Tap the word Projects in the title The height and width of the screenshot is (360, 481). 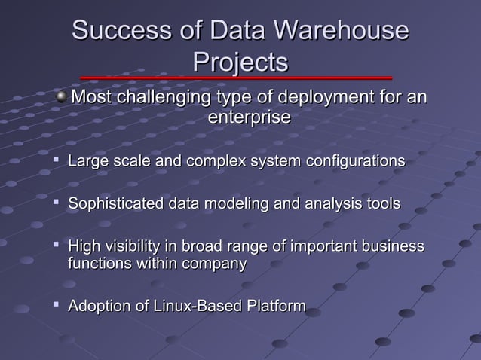(240, 62)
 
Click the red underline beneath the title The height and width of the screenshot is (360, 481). (236, 78)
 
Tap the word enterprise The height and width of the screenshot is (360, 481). (249, 118)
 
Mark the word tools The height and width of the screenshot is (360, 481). (383, 204)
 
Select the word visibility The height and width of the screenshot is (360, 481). (130, 246)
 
